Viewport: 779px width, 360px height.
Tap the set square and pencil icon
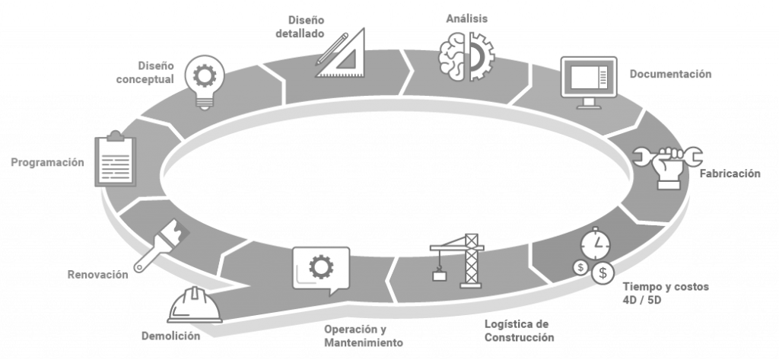tap(341, 53)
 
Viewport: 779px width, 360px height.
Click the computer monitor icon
tap(589, 81)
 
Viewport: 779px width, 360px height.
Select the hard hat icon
tap(195, 305)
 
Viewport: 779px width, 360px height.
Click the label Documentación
tap(670, 75)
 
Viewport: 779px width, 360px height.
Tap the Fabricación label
tap(730, 174)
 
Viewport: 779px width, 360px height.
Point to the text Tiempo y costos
tap(666, 287)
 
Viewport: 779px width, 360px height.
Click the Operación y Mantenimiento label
tap(363, 336)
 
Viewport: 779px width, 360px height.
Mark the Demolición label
tap(170, 336)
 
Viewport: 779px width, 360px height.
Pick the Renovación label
tap(97, 275)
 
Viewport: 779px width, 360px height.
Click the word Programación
tap(46, 162)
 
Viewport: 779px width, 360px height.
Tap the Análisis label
tap(466, 18)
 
